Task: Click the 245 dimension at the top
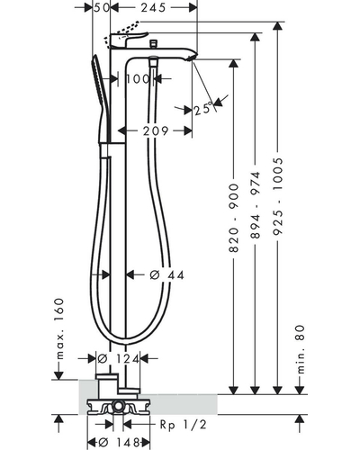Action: click(153, 7)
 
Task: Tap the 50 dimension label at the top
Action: click(101, 7)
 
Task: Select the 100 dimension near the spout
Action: click(138, 79)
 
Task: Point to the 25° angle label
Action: click(203, 109)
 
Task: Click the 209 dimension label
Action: click(156, 131)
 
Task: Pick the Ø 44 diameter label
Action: click(166, 274)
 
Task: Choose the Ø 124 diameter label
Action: click(119, 358)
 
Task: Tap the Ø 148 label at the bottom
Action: click(120, 442)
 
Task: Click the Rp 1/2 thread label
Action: click(184, 425)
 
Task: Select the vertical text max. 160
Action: click(60, 328)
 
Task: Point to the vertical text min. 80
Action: click(301, 349)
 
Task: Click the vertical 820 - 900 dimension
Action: click(234, 218)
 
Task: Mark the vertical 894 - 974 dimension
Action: click(256, 205)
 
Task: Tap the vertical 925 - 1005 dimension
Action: click(278, 196)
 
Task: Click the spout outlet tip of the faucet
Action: click(193, 57)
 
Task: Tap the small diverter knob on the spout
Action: click(153, 43)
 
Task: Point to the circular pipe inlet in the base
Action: click(118, 408)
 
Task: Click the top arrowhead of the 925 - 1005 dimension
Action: click(278, 26)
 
